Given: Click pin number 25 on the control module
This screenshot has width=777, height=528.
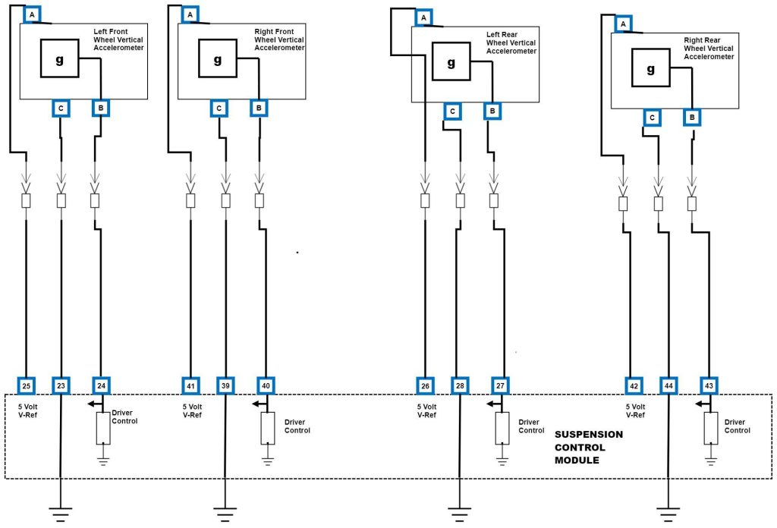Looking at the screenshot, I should point(27,386).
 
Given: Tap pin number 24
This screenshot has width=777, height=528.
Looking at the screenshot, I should point(101,386).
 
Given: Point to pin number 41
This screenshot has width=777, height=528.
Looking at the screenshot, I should point(190,386).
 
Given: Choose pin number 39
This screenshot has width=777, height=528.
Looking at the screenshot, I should point(225,386).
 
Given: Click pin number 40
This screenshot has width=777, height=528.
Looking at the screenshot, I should point(265,386).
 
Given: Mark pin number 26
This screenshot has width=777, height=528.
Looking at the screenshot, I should point(426,386).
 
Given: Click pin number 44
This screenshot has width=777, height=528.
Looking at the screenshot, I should point(668,386).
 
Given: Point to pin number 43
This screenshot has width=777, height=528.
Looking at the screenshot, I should point(707,386).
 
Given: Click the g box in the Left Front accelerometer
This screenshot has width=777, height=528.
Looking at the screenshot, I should point(59,58).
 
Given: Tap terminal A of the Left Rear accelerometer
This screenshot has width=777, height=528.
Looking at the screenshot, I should point(424,17).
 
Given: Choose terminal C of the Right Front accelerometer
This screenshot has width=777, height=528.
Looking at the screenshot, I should point(219,108).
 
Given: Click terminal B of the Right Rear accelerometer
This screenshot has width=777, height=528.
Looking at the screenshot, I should point(691,118).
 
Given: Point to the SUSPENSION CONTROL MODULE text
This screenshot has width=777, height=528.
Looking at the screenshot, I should point(589,447).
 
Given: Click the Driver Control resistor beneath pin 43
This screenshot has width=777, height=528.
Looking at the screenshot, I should point(710,429).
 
